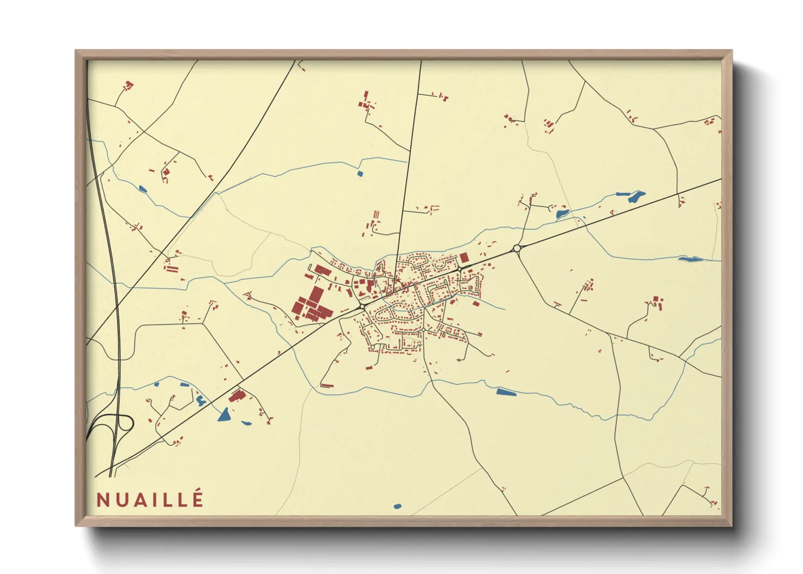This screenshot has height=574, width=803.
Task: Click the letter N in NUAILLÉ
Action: (104, 500)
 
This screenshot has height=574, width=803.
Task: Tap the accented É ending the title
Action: (197, 499)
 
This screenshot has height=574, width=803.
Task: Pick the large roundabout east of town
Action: (517, 248)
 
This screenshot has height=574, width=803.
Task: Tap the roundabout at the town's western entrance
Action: (362, 307)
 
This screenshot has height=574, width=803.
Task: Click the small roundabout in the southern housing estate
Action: (423, 329)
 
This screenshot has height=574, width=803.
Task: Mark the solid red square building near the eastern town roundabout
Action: (464, 257)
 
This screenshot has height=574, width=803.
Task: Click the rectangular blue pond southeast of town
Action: (505, 392)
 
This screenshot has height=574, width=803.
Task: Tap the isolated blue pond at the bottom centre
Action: (397, 507)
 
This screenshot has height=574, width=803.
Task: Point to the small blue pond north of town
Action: (360, 174)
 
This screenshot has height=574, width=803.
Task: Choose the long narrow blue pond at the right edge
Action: (690, 259)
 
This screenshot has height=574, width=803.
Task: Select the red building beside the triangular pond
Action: (237, 397)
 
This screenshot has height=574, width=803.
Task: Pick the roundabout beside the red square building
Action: (459, 269)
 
